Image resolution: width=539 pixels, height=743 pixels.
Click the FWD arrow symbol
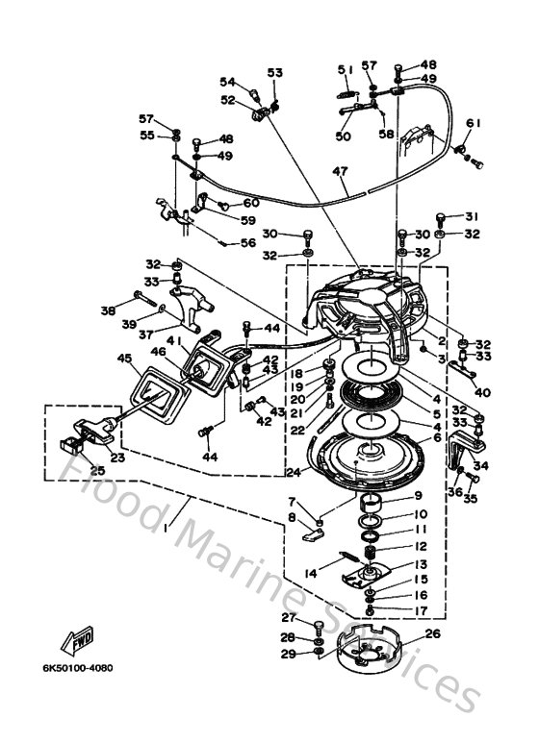point(77,641)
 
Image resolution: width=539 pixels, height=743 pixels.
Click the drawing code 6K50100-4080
point(78,669)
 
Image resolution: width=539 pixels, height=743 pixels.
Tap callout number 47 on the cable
point(341,171)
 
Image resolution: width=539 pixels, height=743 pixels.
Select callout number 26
point(433,633)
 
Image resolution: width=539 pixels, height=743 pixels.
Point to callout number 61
point(473,123)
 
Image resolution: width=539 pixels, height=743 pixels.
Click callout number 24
point(294,472)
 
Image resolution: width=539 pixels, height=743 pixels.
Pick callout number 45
point(124,359)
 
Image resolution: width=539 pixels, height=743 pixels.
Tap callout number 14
point(311,574)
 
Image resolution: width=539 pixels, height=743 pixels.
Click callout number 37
point(146,334)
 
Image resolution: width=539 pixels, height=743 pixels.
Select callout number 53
point(275,72)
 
